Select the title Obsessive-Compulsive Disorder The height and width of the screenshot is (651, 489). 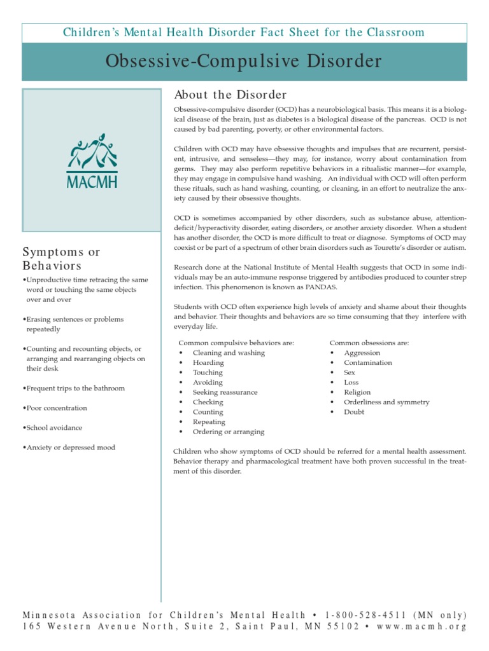[x=244, y=62]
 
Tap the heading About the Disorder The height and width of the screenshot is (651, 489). [x=230, y=95]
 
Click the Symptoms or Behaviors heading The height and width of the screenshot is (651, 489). [x=61, y=259]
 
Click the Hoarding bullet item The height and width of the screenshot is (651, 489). [x=208, y=363]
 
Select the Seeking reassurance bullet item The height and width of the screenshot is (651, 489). [x=225, y=392]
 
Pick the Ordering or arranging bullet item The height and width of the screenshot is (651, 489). [x=228, y=432]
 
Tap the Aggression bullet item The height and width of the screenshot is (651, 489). [x=362, y=353]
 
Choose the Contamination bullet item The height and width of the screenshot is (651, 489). [x=368, y=363]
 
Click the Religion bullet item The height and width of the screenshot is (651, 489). [x=357, y=392]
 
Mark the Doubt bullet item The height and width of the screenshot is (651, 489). [x=354, y=412]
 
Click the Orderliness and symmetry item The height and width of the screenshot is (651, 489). [x=386, y=402]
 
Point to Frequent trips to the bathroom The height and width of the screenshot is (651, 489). [x=74, y=388]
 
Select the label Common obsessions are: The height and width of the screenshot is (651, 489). [x=369, y=343]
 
